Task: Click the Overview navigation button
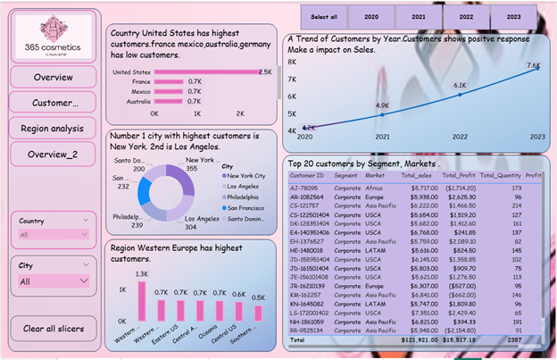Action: (53, 78)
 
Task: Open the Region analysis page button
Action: (53, 128)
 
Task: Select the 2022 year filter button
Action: (466, 17)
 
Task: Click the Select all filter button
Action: (324, 17)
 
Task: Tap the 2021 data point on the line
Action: (382, 114)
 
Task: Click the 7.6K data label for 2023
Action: (534, 65)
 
